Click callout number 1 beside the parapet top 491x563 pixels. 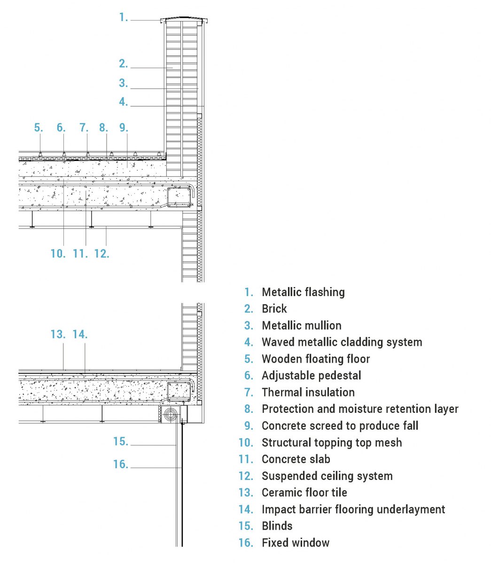[x=124, y=18]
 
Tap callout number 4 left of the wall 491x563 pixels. [x=124, y=102]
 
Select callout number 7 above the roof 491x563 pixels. [x=84, y=128]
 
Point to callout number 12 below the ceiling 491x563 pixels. [x=101, y=253]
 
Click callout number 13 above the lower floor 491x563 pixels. [x=58, y=335]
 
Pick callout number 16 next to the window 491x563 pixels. [x=121, y=464]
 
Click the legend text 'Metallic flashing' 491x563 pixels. [x=303, y=292]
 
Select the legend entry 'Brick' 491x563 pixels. [x=274, y=309]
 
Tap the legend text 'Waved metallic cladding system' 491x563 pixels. [x=342, y=342]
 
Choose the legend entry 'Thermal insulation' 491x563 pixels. [x=308, y=392]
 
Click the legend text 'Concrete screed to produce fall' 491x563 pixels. [x=340, y=426]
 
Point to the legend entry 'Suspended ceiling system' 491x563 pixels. [x=327, y=476]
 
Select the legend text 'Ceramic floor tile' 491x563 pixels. [x=304, y=493]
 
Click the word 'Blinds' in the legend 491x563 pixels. [x=277, y=526]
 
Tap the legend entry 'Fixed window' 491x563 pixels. [x=296, y=543]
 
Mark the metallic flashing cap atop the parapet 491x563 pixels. [x=184, y=20]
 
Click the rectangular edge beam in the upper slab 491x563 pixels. [x=179, y=197]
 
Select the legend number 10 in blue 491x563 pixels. [x=246, y=442]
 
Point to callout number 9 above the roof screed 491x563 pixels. [x=124, y=128]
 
